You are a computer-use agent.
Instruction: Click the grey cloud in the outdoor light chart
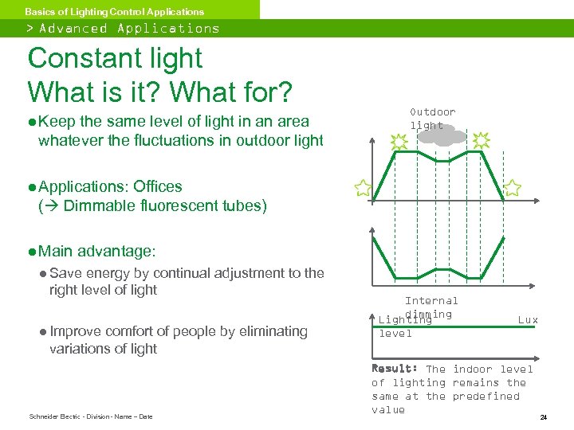coord(441,136)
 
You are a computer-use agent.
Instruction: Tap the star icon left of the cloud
coord(399,142)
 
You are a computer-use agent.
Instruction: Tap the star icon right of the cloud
coord(481,141)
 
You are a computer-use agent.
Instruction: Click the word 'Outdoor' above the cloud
coord(432,112)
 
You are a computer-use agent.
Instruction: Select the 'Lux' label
coord(528,320)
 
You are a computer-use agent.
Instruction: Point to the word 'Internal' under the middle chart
coord(431,301)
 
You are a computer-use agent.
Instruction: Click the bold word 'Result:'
coord(395,369)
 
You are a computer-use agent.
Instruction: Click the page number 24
coord(543,416)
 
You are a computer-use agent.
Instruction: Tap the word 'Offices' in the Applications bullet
coord(158,186)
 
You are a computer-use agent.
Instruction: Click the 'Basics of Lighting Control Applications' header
coord(114,11)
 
